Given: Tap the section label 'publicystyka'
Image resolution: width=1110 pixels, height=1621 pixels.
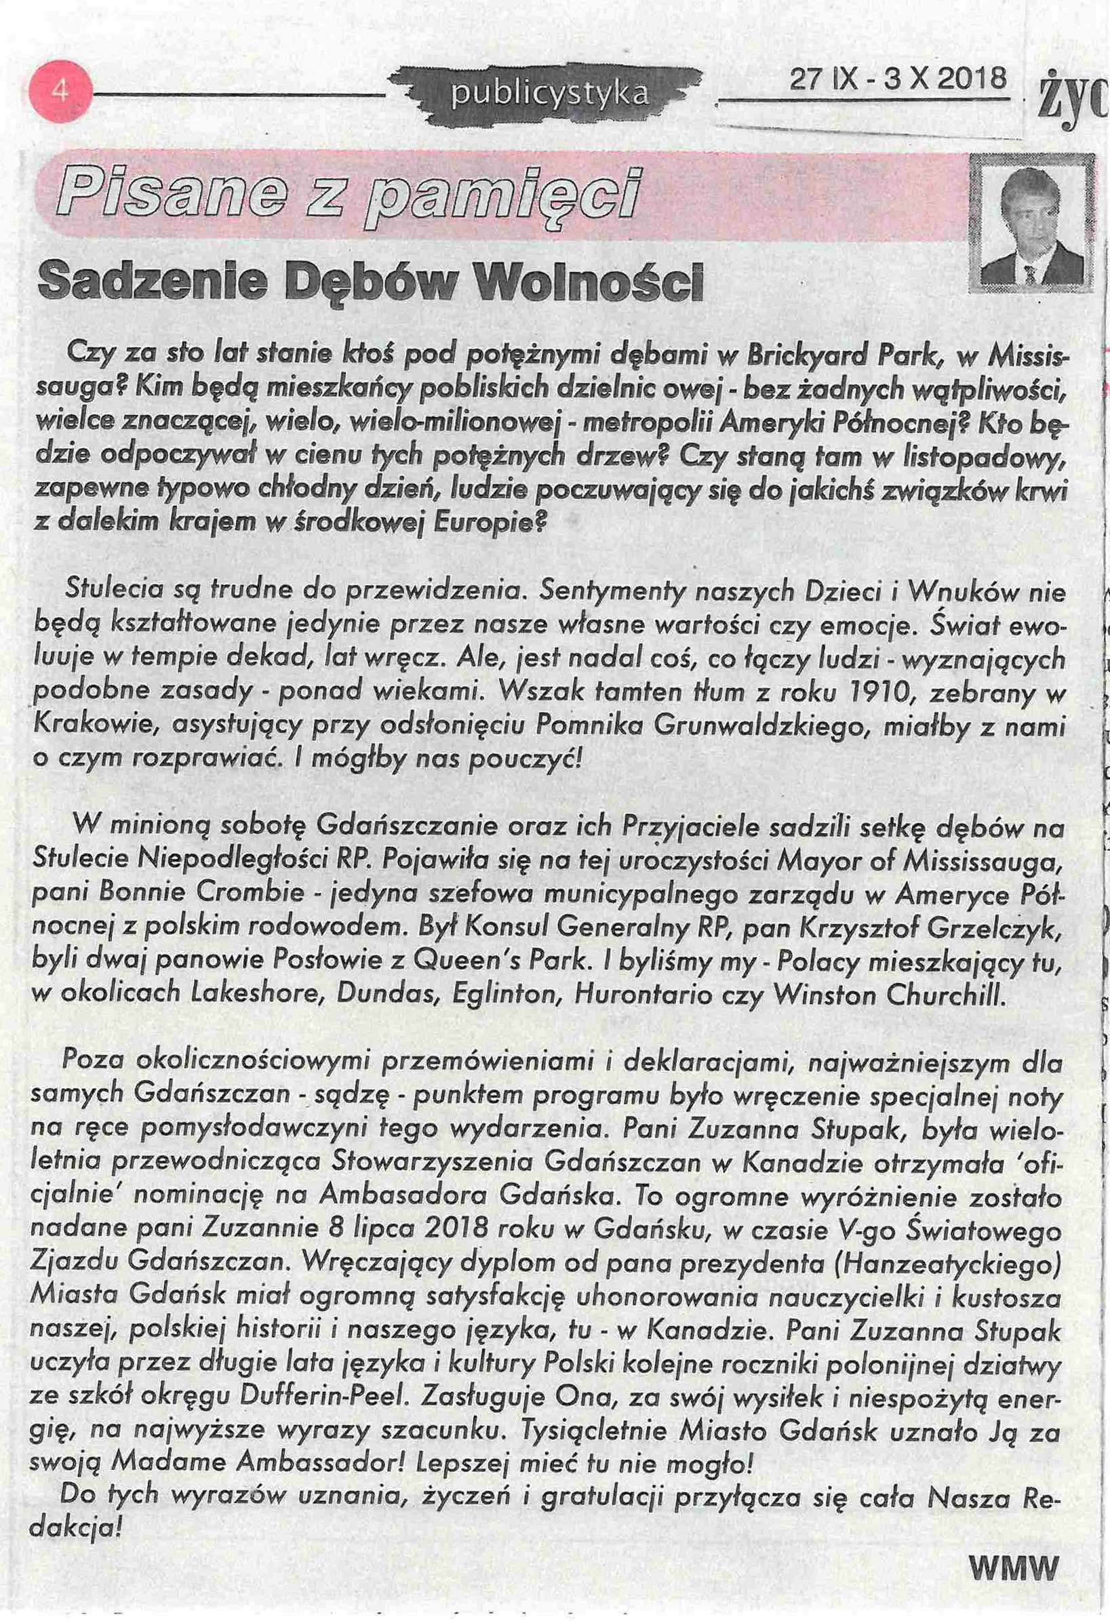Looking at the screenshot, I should [549, 94].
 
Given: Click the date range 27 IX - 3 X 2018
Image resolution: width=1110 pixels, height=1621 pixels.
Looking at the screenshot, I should [897, 79].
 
